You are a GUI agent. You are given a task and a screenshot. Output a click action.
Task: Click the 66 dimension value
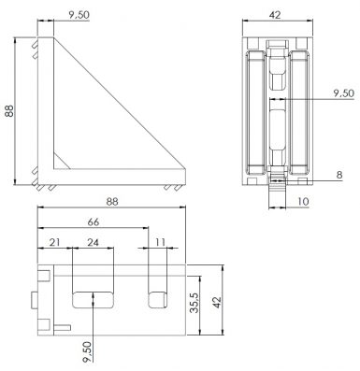tap(94, 221)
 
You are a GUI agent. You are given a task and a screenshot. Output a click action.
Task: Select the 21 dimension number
tap(54, 242)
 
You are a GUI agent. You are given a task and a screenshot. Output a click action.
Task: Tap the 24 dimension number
tap(93, 242)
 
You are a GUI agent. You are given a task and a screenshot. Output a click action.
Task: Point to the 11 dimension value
tap(160, 242)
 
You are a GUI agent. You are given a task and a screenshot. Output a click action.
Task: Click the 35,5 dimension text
tap(194, 303)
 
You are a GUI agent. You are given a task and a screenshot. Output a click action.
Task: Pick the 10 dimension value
tap(302, 202)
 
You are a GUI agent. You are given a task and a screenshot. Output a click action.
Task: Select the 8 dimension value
tap(339, 175)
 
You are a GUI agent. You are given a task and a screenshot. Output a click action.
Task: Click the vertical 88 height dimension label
tap(9, 111)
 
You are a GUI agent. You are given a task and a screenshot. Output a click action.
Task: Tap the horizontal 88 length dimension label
tap(112, 202)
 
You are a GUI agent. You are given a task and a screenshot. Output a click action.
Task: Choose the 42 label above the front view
tap(275, 15)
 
